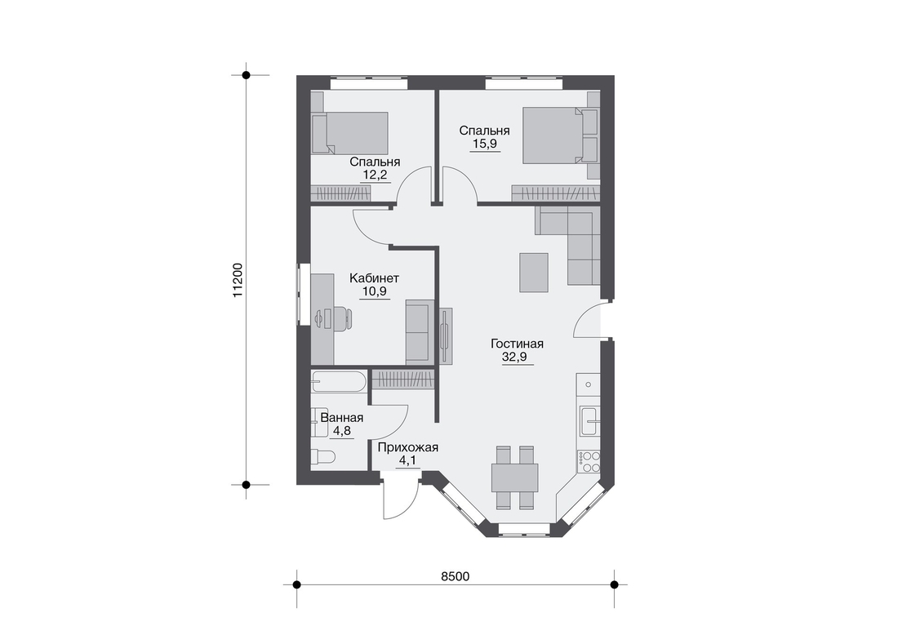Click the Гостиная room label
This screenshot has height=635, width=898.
coord(517,344)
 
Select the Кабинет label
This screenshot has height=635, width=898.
coord(374,278)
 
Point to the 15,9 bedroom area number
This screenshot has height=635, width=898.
coord(484,144)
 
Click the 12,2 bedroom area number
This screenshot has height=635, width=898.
coord(375,175)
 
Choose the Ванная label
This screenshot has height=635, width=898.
coord(341,418)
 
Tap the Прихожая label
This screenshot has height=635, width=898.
coord(407,448)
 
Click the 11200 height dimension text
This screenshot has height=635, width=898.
coord(238,280)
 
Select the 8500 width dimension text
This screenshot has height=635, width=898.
coord(456,576)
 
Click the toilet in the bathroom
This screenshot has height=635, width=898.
coord(322,456)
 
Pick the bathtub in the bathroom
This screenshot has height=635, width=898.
coord(338,381)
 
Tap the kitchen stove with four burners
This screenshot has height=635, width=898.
coord(588,461)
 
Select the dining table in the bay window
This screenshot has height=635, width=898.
coord(514,477)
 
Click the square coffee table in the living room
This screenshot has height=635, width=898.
coord(534,272)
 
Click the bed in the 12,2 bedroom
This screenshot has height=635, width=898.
coord(350,133)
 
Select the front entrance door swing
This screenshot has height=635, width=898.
coord(398,499)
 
